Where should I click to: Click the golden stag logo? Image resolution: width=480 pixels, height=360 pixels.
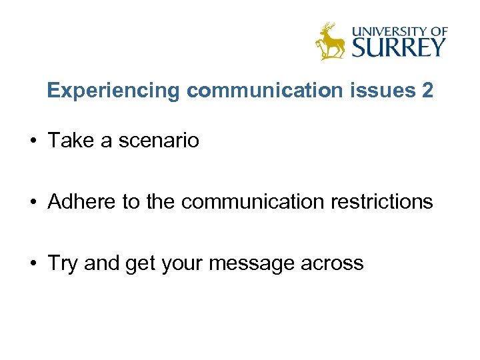tap(330, 41)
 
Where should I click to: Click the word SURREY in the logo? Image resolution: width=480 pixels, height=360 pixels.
tap(399, 47)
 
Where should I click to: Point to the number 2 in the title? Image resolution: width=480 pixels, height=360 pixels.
tap(427, 91)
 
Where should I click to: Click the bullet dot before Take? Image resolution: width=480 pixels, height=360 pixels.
tap(31, 141)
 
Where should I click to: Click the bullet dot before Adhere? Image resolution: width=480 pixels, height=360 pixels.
tap(31, 201)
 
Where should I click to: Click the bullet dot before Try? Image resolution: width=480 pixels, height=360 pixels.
tap(31, 263)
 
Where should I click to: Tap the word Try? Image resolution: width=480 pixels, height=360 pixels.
tap(63, 263)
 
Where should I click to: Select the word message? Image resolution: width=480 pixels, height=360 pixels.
tap(251, 263)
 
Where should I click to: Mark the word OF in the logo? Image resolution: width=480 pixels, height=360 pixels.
tap(438, 31)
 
